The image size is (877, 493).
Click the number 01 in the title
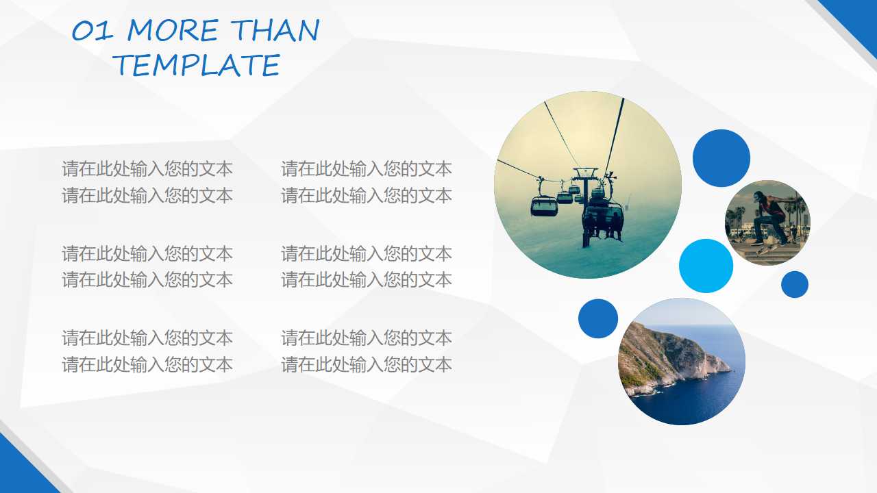pos(92,31)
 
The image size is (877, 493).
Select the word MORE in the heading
pos(173,31)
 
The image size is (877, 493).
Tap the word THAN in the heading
pos(275,30)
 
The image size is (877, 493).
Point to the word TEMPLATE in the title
pos(197,65)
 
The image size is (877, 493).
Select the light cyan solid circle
pos(706,266)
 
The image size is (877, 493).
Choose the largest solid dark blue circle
pos(721,158)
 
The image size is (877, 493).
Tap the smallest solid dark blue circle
pos(795,284)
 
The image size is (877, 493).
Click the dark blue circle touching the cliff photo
pos(598,318)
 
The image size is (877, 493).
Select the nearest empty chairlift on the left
pos(544,206)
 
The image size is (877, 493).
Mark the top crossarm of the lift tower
pos(586,170)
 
